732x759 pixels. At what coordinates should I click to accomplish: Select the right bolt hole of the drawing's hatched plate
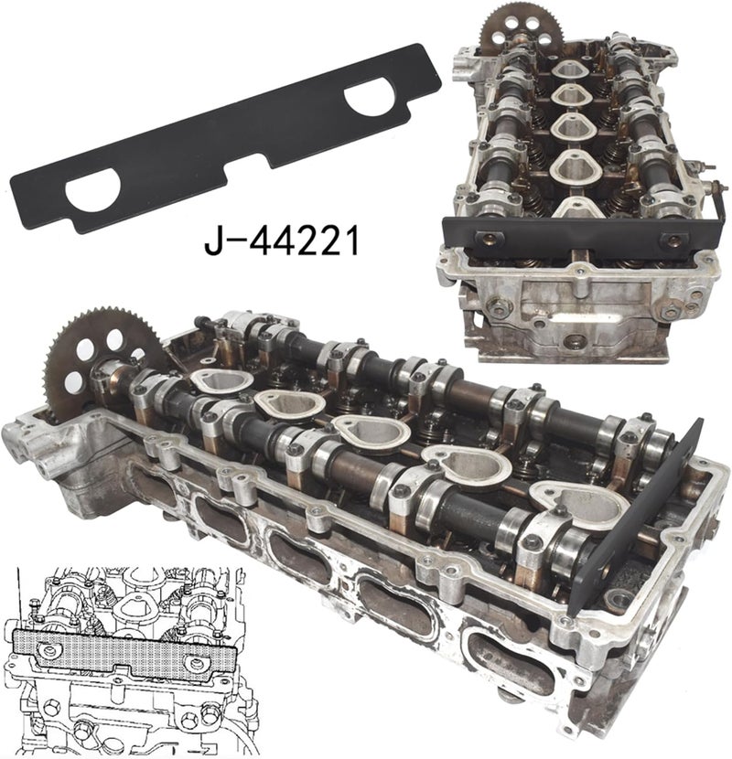(193, 663)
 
